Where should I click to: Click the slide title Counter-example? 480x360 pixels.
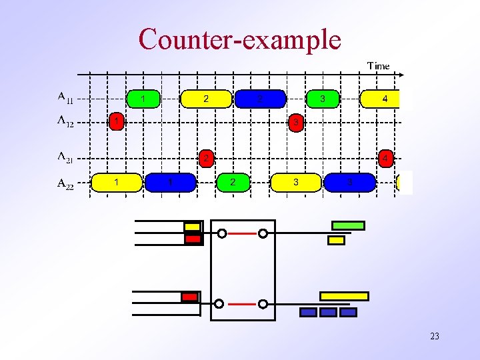pos(240,39)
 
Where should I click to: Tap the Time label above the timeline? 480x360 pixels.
pos(378,65)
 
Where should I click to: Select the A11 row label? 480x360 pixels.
pos(65,98)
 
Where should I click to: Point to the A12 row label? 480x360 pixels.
pos(65,121)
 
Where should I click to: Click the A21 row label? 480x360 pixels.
pos(65,157)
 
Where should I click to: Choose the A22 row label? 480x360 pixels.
pos(65,183)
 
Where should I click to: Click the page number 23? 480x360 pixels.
pos(435,336)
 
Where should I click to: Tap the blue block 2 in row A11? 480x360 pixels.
pos(260,99)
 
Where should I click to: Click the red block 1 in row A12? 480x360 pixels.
pos(117,122)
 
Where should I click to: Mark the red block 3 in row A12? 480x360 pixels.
pos(297,123)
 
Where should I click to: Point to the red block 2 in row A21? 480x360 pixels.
pos(207,159)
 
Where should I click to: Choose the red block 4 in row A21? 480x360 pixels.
pos(385,159)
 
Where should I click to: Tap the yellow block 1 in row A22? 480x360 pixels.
pos(117,182)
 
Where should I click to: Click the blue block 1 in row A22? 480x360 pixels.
pos(171,182)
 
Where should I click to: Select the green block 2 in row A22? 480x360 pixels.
pos(232,182)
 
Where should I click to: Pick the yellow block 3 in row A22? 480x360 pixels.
pos(296,182)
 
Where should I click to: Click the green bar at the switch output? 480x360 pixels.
pos(348,225)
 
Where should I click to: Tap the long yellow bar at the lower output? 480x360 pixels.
pos(344,296)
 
